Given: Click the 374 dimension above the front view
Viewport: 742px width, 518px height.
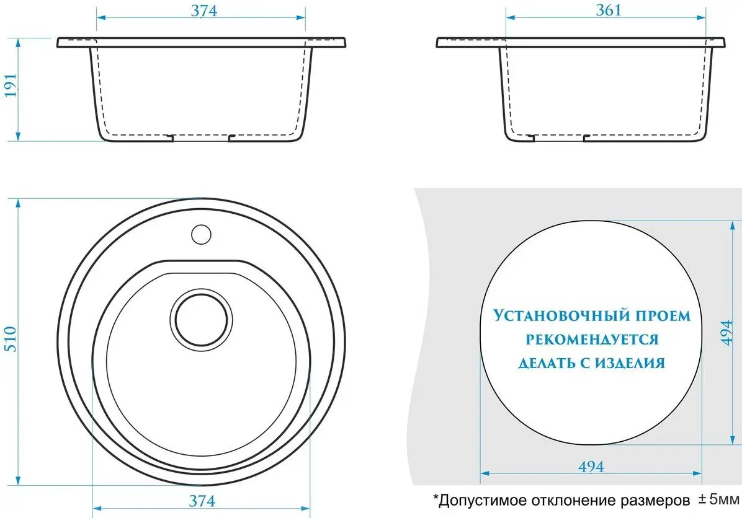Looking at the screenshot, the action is point(204,11).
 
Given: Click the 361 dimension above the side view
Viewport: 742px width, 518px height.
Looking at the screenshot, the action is point(609,11).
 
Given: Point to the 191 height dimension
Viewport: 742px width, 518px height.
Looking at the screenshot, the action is point(11,85).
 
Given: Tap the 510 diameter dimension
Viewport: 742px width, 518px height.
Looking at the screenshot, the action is point(11,339).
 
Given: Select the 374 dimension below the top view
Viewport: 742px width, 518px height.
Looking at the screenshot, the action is point(202,501).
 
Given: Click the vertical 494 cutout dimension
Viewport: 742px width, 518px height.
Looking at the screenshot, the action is point(727,332).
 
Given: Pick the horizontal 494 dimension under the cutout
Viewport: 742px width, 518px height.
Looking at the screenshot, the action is point(591,467).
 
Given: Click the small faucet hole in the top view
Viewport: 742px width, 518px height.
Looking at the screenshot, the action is point(201,234).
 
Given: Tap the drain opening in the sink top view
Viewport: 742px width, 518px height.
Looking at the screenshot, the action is point(202,320).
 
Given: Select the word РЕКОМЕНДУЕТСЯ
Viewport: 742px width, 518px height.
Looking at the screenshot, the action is point(592,340).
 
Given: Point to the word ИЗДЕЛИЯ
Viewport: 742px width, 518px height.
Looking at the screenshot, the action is point(629,363).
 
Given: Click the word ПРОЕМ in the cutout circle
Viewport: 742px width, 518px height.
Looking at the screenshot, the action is point(663,316).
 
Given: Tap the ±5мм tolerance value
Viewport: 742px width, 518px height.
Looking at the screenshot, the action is point(718,499).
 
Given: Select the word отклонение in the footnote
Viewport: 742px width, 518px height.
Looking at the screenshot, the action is point(568,500).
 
